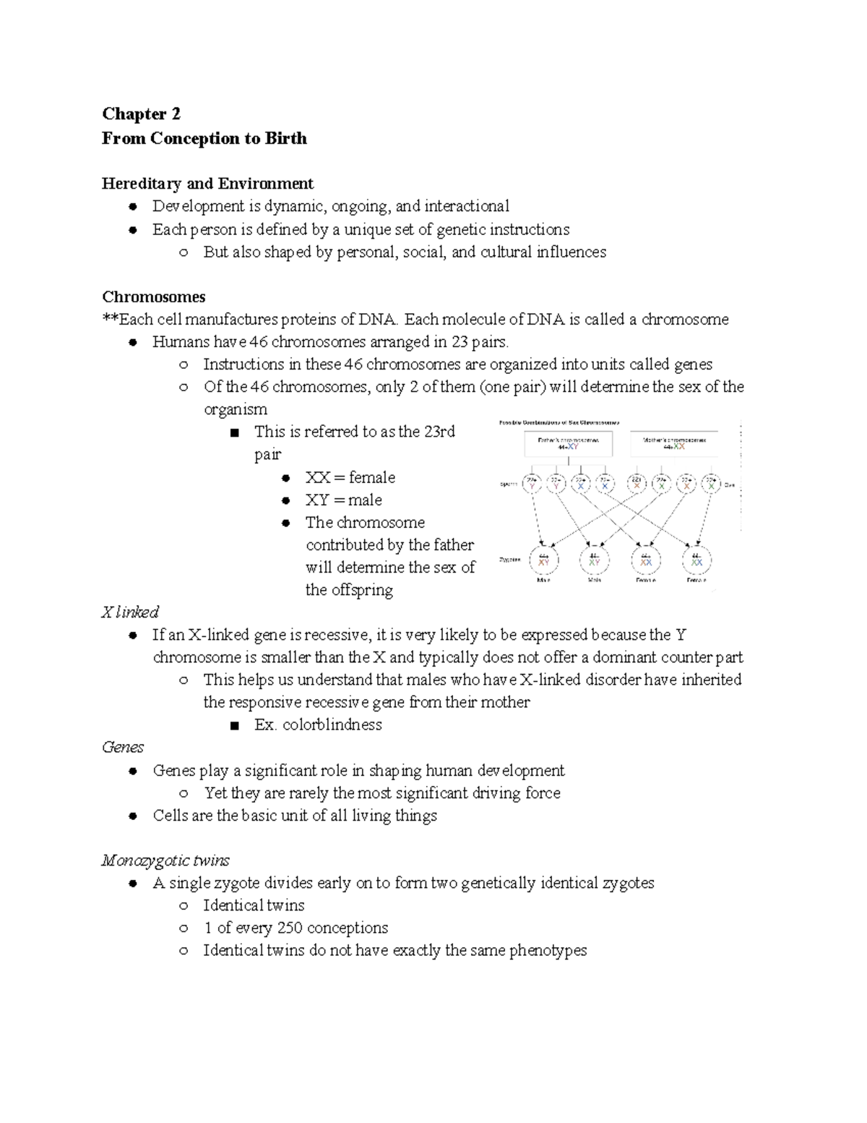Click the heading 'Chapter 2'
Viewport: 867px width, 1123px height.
pyautogui.click(x=141, y=114)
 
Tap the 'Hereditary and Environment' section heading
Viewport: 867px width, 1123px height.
pyautogui.click(x=207, y=184)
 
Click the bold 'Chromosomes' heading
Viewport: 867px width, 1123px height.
pyautogui.click(x=153, y=296)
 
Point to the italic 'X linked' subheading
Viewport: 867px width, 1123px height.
pyautogui.click(x=130, y=612)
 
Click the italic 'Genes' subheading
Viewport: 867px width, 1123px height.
pyautogui.click(x=123, y=747)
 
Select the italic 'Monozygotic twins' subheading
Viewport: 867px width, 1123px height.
pyautogui.click(x=165, y=861)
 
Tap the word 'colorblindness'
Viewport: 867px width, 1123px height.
pyautogui.click(x=332, y=725)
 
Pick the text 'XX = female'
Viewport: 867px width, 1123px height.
pyautogui.click(x=350, y=477)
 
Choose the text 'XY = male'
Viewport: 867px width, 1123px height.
pyautogui.click(x=344, y=500)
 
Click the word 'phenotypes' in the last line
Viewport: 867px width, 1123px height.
pyautogui.click(x=548, y=950)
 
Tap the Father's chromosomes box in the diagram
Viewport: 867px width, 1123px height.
pyautogui.click(x=569, y=444)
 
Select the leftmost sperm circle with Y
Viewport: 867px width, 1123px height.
pyautogui.click(x=532, y=484)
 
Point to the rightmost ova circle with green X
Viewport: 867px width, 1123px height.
pyautogui.click(x=711, y=484)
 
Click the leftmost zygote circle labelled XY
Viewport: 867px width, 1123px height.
pyautogui.click(x=543, y=560)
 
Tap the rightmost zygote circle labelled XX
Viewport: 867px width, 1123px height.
pyautogui.click(x=696, y=560)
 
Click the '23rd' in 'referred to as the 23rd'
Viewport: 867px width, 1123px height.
pyautogui.click(x=439, y=432)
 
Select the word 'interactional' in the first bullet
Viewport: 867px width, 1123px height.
pyautogui.click(x=467, y=206)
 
